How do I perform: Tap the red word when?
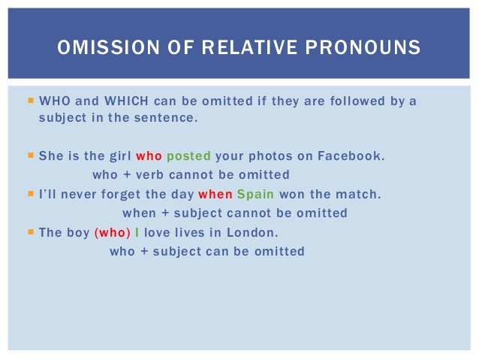pos(215,195)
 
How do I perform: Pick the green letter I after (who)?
pos(137,233)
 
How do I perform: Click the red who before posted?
pos(149,156)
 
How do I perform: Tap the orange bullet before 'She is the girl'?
pos(30,156)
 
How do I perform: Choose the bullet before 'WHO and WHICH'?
pos(30,101)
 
